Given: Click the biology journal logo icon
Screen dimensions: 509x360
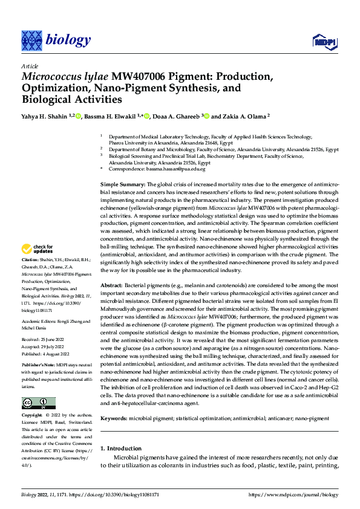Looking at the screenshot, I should [31, 41].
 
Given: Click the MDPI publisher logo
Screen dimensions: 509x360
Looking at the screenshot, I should [324, 41].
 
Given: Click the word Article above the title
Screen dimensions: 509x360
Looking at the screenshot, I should [29, 66].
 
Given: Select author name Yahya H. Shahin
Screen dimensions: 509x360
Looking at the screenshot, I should [44, 117].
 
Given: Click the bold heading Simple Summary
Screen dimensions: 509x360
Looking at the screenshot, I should [122, 184].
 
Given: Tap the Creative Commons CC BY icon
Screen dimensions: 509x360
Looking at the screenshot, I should [38, 403].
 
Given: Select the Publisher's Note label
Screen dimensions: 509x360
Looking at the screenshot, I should [40, 366].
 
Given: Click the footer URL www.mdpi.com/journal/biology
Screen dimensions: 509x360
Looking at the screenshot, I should [293, 494].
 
